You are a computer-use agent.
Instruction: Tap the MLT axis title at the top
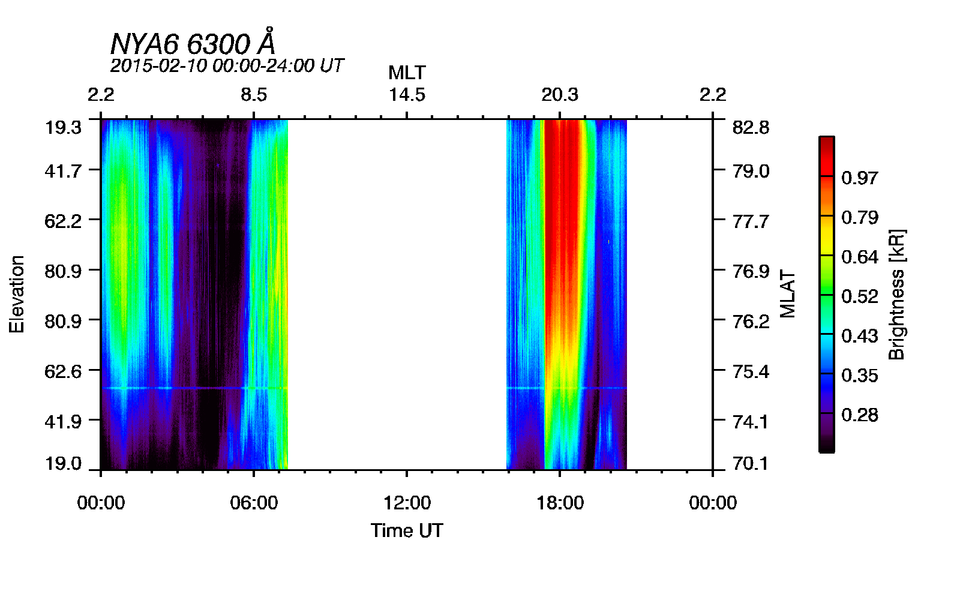click(407, 73)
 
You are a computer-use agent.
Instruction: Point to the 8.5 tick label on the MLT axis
click(254, 95)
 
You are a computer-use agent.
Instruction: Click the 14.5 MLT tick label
click(407, 95)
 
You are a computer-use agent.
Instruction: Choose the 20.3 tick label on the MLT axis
click(560, 95)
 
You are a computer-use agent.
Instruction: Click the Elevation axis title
click(17, 294)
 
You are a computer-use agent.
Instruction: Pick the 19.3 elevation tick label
click(62, 127)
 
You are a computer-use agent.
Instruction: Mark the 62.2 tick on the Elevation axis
click(62, 221)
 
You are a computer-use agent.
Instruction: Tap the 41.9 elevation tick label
click(62, 421)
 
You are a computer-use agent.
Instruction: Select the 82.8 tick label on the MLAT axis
click(751, 127)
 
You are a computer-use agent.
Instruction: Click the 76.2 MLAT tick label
click(751, 321)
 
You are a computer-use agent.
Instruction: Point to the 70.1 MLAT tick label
click(751, 463)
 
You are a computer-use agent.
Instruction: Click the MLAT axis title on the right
click(787, 294)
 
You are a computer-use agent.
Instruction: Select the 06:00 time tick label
click(254, 502)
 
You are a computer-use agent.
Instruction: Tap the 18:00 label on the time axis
click(560, 502)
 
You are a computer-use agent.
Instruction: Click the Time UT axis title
click(407, 530)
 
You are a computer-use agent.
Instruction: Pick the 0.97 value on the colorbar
click(859, 178)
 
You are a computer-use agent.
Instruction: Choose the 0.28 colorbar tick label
click(859, 415)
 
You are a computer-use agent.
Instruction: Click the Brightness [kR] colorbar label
click(896, 294)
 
